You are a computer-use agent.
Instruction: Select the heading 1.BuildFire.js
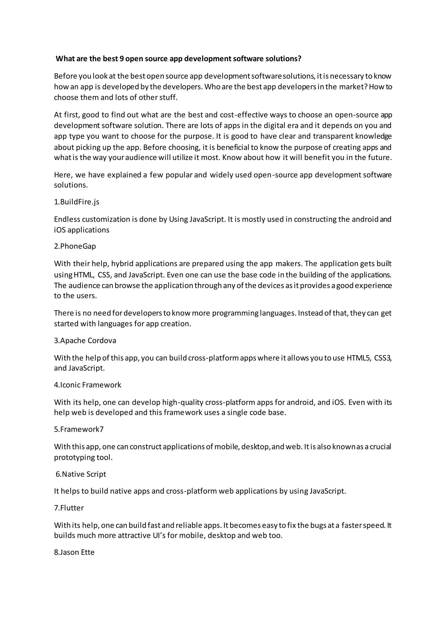tap(77, 202)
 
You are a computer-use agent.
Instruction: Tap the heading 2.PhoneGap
tap(75, 246)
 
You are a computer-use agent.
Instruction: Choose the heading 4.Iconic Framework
tap(88, 385)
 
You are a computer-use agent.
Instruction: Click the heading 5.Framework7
tap(79, 429)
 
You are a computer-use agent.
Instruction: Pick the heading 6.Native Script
tap(81, 474)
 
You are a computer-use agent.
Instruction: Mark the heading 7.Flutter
tap(69, 508)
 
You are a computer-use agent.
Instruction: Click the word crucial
tap(380, 447)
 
